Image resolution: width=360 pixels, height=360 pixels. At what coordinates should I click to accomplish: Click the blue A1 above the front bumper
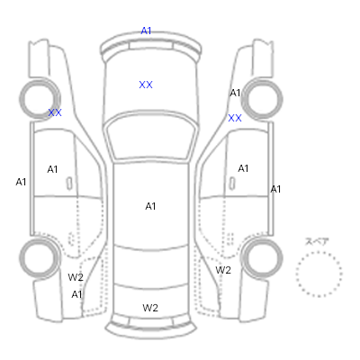pos(146,31)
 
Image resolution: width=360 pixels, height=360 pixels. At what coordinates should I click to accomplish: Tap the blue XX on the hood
pos(146,85)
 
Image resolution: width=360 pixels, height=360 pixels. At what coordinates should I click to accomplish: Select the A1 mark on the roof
pos(150,206)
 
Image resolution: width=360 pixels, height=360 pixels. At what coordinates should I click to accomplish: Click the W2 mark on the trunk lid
pos(150,308)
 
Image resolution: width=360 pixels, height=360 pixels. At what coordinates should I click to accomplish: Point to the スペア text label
pos(317,242)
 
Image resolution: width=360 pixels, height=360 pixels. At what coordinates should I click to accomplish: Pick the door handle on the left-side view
pos(69,184)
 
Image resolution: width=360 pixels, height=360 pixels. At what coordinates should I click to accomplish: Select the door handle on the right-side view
pos(232,183)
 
